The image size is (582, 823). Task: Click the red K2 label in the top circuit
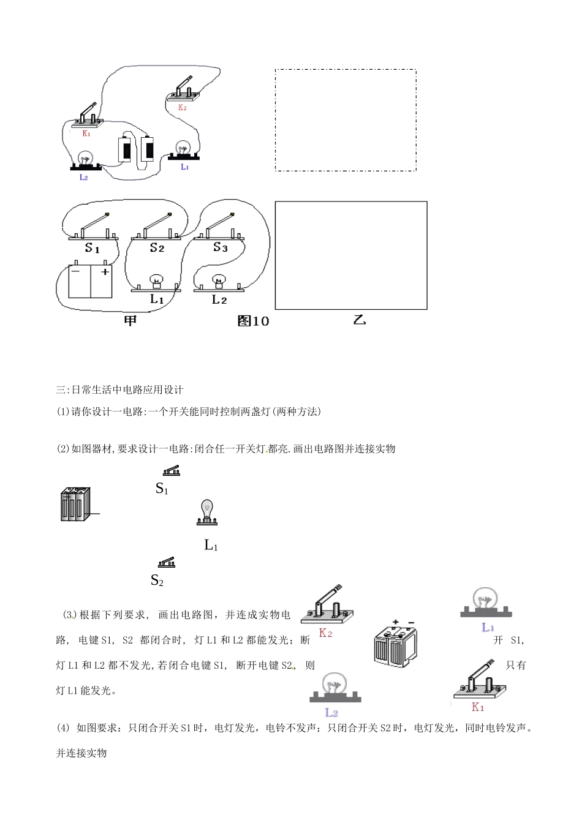182,108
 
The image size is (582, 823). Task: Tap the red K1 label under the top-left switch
86,133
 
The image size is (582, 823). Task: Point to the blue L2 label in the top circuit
84,178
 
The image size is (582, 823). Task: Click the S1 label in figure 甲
92,248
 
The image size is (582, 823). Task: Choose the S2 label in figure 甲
157,248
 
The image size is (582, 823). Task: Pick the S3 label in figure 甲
220,247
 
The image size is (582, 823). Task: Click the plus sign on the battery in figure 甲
105,271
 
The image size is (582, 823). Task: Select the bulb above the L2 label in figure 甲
219,281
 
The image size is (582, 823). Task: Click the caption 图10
253,321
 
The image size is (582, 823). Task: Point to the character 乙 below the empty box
360,320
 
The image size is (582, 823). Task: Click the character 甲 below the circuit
130,320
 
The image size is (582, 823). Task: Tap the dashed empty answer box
346,120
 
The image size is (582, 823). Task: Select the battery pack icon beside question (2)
75,505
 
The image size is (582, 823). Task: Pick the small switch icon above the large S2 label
167,563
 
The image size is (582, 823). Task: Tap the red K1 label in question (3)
478,707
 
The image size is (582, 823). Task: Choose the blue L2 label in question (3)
331,712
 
